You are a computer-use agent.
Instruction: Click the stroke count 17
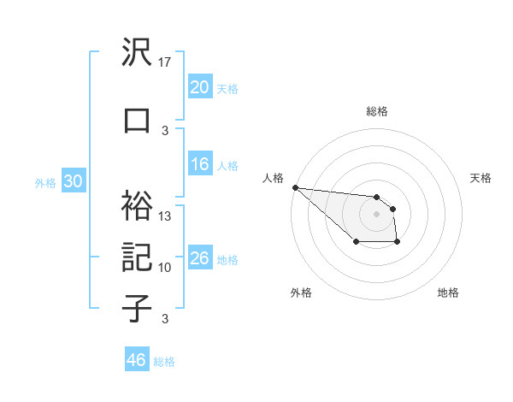(166, 62)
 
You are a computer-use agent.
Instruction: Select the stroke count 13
(166, 216)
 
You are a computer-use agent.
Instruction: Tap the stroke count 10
(166, 268)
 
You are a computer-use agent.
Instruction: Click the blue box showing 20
(200, 87)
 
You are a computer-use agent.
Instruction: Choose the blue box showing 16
(200, 165)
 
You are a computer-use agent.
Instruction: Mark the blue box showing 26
(200, 258)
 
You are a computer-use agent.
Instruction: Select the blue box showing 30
(73, 181)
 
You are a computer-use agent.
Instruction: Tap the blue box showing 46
(137, 360)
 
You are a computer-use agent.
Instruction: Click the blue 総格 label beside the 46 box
(165, 362)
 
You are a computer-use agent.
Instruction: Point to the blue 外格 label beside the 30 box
(45, 182)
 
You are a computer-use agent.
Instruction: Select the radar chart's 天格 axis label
(481, 178)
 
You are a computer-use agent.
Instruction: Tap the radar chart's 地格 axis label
(448, 293)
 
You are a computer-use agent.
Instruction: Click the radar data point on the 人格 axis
(295, 187)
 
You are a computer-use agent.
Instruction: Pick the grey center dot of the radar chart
(377, 214)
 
